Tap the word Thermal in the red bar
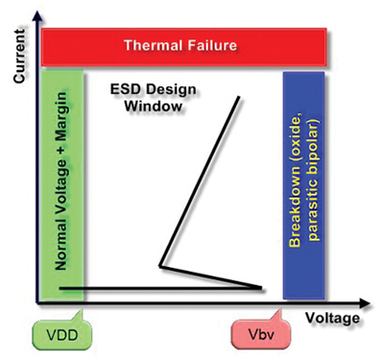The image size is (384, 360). pyautogui.click(x=156, y=44)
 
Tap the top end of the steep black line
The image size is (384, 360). pyautogui.click(x=237, y=100)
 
